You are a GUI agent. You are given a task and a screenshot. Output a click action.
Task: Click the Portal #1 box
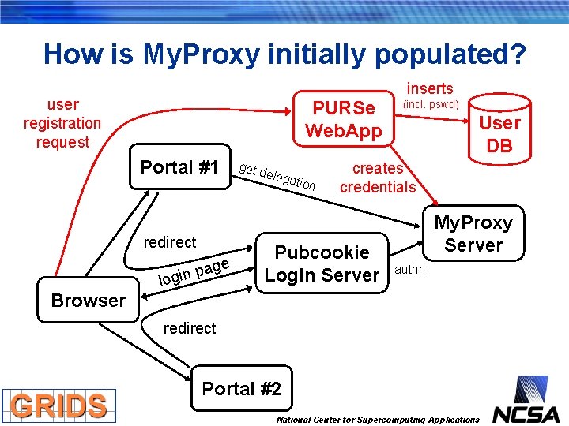179,167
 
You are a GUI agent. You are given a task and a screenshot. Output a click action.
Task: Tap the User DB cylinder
499,133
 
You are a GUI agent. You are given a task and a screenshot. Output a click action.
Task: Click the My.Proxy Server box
473,234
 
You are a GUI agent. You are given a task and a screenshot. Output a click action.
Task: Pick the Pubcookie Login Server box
322,263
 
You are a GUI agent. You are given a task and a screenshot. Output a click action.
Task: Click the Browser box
88,301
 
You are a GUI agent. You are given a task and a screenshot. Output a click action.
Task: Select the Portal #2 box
241,389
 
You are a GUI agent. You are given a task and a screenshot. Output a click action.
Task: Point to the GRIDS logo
58,405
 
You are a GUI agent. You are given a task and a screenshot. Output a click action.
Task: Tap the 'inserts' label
430,88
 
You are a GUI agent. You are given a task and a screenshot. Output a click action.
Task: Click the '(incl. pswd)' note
431,104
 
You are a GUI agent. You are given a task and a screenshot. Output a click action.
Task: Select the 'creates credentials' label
378,177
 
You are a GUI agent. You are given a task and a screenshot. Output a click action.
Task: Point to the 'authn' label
409,270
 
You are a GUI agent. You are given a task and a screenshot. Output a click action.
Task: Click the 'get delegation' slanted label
277,176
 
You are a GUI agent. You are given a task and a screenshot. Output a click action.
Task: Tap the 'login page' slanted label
194,271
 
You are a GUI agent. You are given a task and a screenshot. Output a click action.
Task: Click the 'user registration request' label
62,123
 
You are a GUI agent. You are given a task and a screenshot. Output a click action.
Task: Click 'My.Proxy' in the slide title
202,54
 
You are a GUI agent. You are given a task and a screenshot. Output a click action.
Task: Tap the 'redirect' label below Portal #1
170,242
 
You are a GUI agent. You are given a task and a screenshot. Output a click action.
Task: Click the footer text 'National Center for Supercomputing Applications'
378,420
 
